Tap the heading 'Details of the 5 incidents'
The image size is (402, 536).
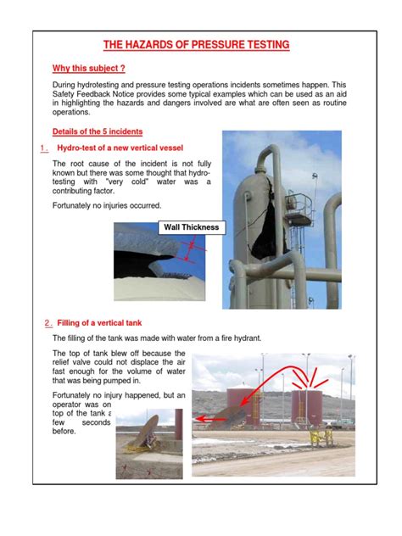point(97,131)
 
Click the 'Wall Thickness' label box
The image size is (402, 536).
point(191,226)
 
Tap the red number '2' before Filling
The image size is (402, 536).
point(45,323)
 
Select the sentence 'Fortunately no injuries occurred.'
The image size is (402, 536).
point(106,206)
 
